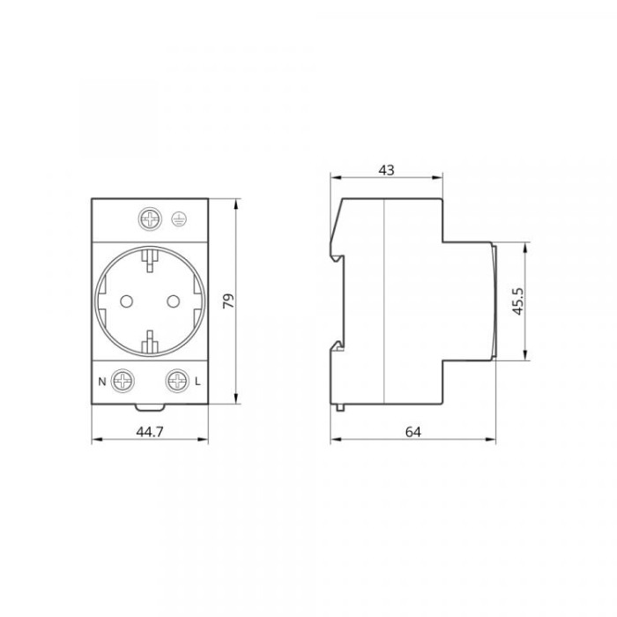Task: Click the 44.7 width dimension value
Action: [x=150, y=432]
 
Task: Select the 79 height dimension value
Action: [x=228, y=301]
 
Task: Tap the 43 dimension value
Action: [x=386, y=170]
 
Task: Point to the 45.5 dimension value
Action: [x=518, y=301]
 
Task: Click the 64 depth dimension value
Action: [x=413, y=432]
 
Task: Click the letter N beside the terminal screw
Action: [x=102, y=382]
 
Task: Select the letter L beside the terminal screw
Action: [x=197, y=382]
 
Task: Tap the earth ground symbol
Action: [x=180, y=219]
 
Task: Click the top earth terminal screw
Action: [x=151, y=219]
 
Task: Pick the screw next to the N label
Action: [x=123, y=381]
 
